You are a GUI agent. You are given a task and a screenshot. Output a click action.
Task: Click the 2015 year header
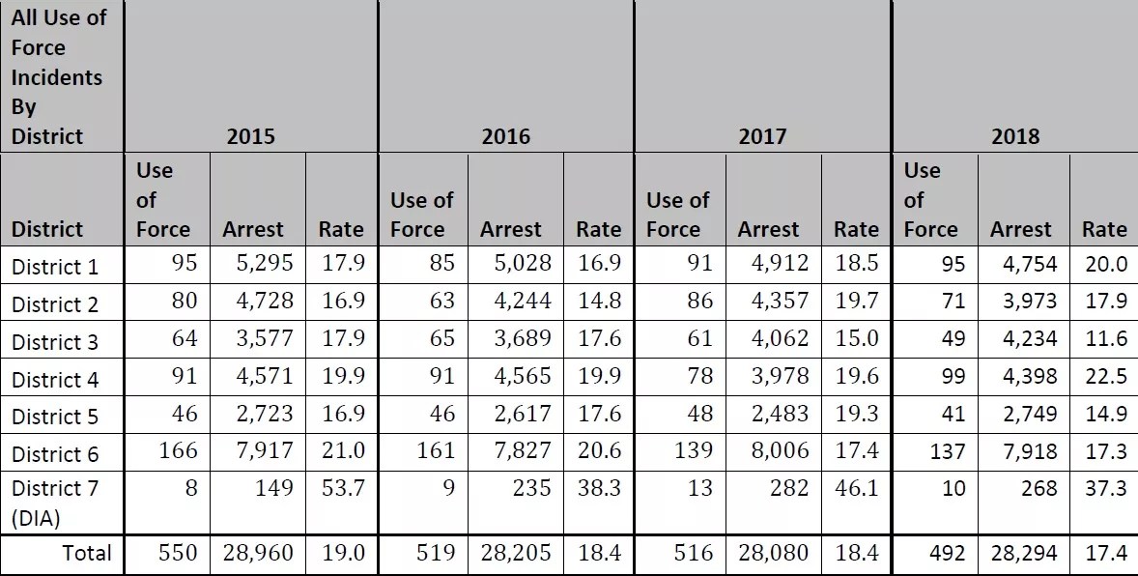[250, 136]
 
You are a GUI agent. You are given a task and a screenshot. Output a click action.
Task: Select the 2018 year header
[1015, 136]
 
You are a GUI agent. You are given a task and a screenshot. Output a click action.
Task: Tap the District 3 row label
[54, 342]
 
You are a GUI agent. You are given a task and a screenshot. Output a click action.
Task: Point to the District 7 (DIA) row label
[54, 503]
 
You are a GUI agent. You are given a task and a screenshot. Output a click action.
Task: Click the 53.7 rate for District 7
[343, 488]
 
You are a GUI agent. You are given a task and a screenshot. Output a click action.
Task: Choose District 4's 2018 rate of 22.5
[1105, 377]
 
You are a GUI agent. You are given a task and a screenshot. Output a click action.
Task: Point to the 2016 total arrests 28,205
[516, 553]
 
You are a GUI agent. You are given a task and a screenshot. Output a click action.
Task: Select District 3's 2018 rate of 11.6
[1105, 339]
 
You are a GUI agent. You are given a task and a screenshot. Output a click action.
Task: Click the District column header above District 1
[48, 229]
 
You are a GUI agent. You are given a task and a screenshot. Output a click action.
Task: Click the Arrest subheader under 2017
[768, 229]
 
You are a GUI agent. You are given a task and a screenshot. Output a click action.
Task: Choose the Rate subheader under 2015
[341, 229]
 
